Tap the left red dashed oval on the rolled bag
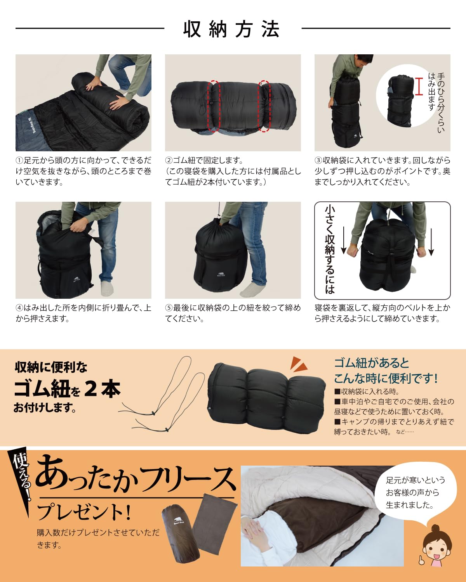pyautogui.click(x=214, y=106)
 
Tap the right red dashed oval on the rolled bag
pyautogui.click(x=264, y=106)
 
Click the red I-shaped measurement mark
pyautogui.click(x=419, y=86)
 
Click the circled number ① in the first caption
pyautogui.click(x=19, y=161)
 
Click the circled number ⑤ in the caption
pyautogui.click(x=169, y=308)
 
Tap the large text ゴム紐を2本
pyautogui.click(x=67, y=389)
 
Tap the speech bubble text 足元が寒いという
pyautogui.click(x=416, y=480)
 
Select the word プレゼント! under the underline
pyautogui.click(x=84, y=512)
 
